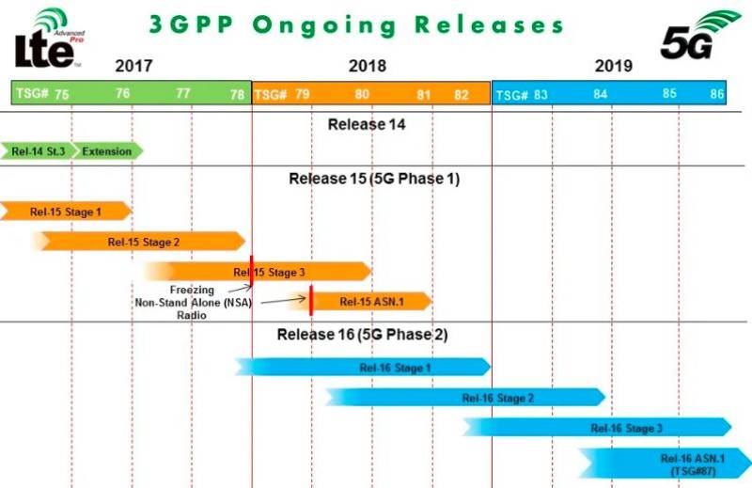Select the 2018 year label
click(368, 66)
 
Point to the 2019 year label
click(614, 66)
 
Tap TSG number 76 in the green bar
click(123, 93)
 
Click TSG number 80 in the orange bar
click(362, 94)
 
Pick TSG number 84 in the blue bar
click(600, 94)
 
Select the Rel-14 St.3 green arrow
click(39, 151)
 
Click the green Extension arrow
click(107, 151)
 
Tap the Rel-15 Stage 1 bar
click(66, 212)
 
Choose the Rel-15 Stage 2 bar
click(139, 242)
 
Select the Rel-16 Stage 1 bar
click(363, 368)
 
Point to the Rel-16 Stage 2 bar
click(465, 398)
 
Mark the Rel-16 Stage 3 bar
click(598, 428)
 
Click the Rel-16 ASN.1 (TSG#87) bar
click(666, 464)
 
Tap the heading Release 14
click(367, 124)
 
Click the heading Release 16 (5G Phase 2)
click(363, 334)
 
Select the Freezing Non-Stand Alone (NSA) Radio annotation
click(193, 303)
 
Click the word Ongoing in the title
click(324, 25)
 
